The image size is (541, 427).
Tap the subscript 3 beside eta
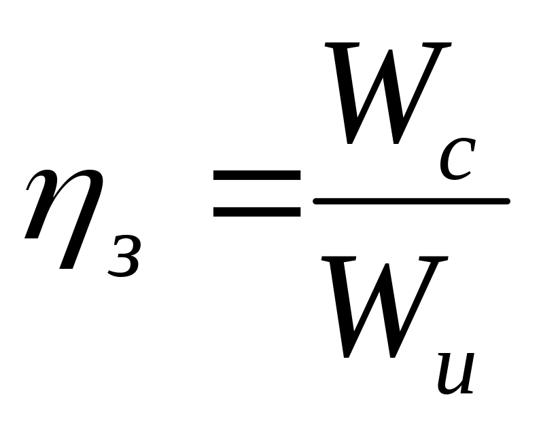click(124, 256)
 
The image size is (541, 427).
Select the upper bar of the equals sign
click(257, 175)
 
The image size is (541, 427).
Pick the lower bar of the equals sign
click(257, 212)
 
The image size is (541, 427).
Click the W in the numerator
click(388, 93)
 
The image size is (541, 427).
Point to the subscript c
click(457, 159)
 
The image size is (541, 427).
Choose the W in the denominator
click(385, 307)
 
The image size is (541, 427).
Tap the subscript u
click(455, 373)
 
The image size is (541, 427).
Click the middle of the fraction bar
click(411, 201)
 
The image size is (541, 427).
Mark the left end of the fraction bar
click(313, 201)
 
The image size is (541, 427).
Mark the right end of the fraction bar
click(509, 201)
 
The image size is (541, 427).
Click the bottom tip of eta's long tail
click(66, 268)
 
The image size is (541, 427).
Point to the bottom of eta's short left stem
click(31, 238)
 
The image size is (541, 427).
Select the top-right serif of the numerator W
click(437, 45)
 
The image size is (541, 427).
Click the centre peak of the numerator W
click(390, 51)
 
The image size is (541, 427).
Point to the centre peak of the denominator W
click(387, 265)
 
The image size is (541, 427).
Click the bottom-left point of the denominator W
click(346, 356)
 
